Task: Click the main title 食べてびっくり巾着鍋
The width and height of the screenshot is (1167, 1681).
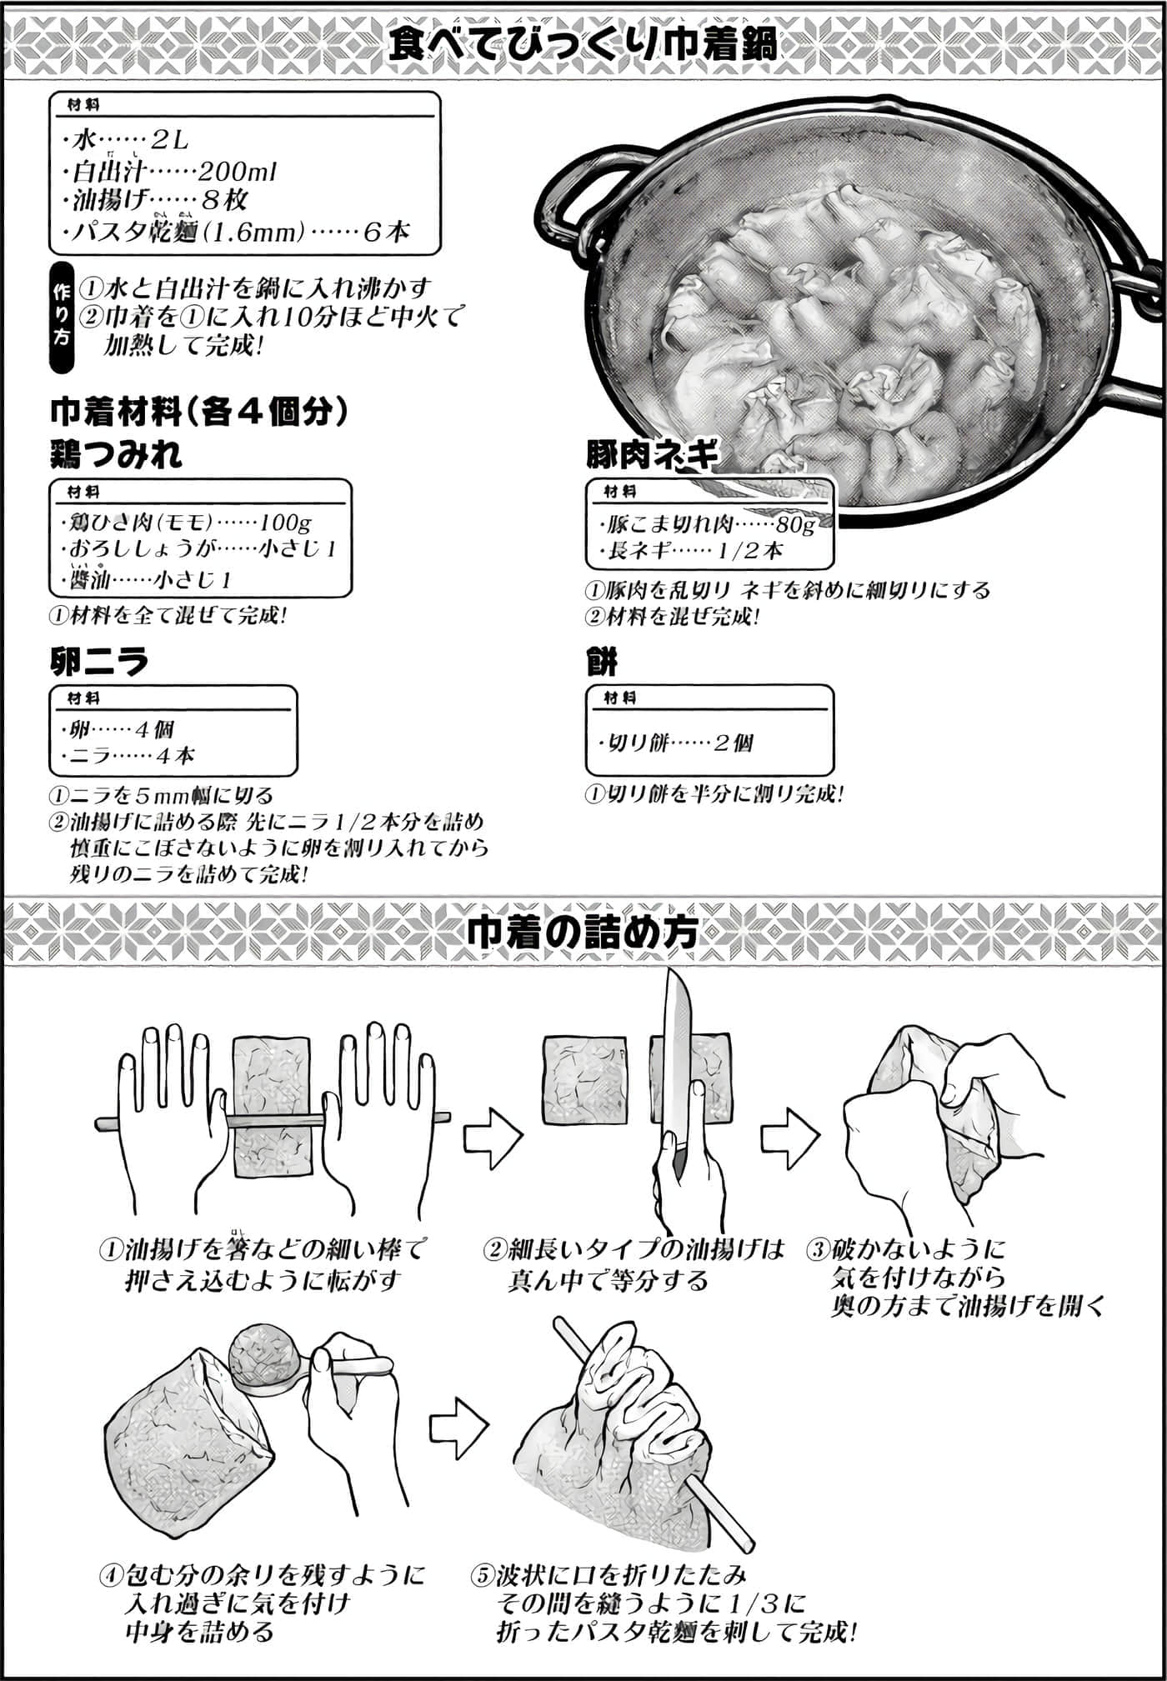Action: click(583, 44)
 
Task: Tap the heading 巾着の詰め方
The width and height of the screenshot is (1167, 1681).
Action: click(581, 933)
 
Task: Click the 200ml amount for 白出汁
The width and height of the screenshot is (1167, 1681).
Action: click(237, 172)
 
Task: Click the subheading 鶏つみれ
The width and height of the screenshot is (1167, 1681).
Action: click(116, 455)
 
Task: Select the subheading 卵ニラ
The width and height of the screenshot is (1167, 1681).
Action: click(98, 662)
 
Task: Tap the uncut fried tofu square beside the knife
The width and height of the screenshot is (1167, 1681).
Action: click(583, 1079)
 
